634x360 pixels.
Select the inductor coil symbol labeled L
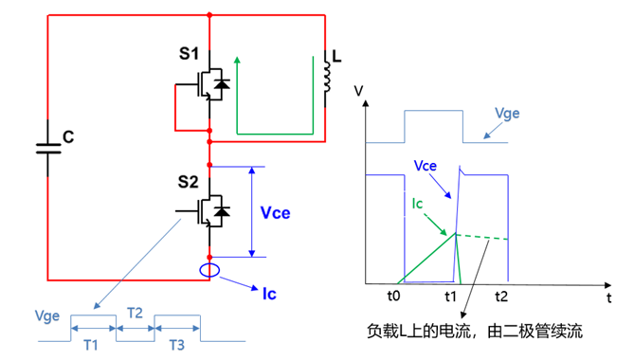click(327, 79)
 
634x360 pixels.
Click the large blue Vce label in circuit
click(276, 212)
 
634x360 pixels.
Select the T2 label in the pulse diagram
click(135, 312)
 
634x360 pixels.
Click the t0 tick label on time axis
click(397, 296)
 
